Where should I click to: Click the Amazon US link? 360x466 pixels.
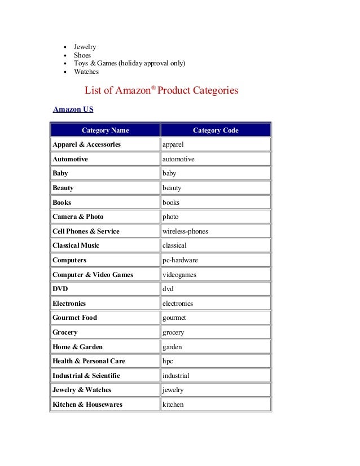73,109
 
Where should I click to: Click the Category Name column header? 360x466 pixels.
105,130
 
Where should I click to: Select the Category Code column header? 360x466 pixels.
216,130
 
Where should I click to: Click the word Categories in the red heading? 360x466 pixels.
212,90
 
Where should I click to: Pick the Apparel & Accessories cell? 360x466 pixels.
86,144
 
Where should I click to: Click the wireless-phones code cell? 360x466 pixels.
185,231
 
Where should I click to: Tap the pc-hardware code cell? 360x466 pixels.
180,260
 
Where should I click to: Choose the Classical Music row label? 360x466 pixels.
76,246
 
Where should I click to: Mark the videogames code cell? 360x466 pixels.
179,275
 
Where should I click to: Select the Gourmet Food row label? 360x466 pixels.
74,318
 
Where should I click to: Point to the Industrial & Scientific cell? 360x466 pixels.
86,376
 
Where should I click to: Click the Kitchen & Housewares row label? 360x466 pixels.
87,405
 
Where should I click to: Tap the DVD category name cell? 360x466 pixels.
60,289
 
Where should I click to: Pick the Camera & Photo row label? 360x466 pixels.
78,217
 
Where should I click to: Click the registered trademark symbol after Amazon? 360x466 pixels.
153,87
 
